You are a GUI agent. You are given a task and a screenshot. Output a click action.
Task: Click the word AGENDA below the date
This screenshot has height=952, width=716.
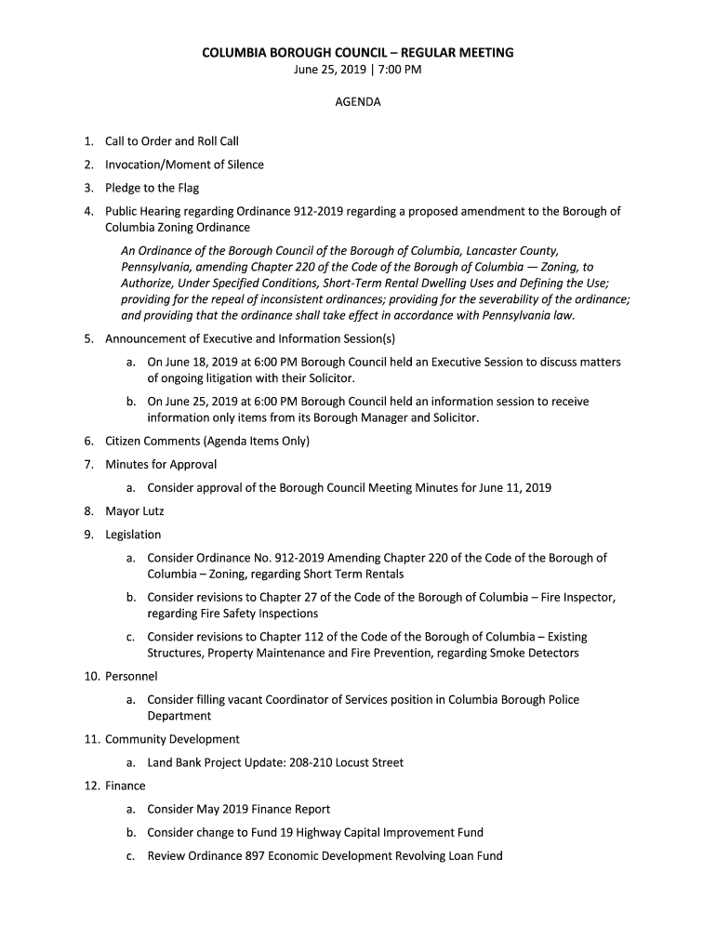tap(358, 102)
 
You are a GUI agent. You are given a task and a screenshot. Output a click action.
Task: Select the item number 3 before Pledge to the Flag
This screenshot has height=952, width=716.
tap(87, 188)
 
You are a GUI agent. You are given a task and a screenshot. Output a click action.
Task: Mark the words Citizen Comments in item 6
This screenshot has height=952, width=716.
tap(152, 441)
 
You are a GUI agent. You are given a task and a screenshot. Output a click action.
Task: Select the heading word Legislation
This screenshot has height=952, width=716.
tap(133, 535)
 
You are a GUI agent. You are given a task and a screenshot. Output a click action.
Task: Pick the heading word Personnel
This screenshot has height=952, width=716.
tap(131, 676)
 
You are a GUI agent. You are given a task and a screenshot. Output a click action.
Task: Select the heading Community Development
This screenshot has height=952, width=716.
tap(172, 739)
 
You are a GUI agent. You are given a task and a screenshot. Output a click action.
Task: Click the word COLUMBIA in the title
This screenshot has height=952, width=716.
tap(237, 52)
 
